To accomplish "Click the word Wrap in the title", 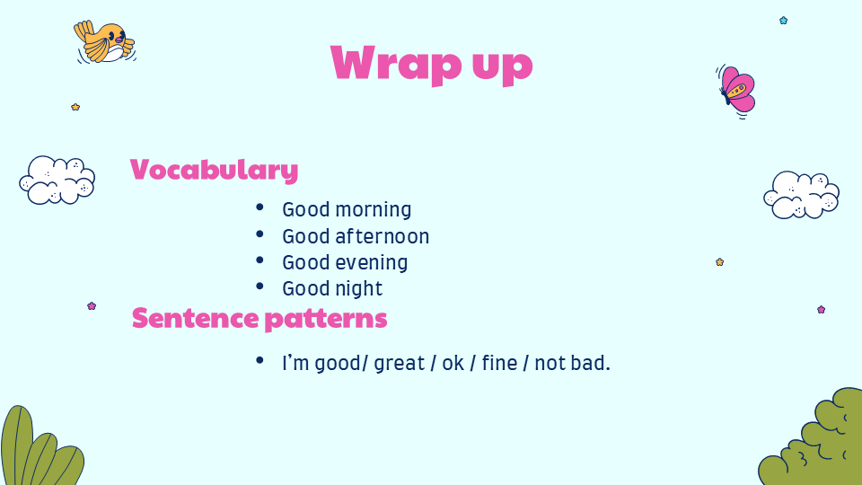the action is pos(396,63).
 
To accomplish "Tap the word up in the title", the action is pos(503,66).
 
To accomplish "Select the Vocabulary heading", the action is pos(214,170).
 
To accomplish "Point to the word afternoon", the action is pos(383,236).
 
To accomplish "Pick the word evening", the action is pos(372,263).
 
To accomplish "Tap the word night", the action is pos(359,288).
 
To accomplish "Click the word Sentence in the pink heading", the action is pos(195,318).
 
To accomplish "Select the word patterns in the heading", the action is pos(326,320).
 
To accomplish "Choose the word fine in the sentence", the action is pos(500,363).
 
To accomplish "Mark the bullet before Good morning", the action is pos(259,207).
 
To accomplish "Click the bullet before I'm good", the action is pos(259,361).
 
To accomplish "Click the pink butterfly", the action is pos(736,91).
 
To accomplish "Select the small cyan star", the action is pos(783,21).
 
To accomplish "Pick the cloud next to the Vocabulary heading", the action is pos(57,181).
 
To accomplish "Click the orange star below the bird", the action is pos(75,107).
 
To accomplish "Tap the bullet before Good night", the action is pos(259,287).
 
